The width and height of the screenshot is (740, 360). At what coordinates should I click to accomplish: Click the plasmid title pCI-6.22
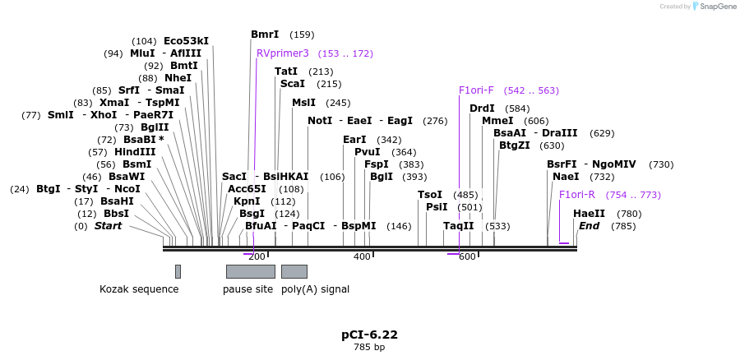369,335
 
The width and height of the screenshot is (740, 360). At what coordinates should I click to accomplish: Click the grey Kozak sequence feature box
178,271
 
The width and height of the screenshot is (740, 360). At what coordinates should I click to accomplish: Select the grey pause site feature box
250,271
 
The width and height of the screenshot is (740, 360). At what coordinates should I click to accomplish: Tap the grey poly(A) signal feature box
294,271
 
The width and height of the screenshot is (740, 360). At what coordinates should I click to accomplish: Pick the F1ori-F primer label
476,90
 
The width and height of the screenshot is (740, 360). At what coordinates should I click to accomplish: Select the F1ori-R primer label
576,195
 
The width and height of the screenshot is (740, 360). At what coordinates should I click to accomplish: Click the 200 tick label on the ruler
257,257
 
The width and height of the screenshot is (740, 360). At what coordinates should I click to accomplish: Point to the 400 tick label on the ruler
362,257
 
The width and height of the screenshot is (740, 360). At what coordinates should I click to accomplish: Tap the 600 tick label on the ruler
467,257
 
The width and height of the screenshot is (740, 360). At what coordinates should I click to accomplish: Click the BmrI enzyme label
265,35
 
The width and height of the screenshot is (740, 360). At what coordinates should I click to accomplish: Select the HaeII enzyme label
589,214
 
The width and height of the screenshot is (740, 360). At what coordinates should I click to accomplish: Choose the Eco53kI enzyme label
186,41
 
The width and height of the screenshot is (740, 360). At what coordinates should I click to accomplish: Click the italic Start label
108,226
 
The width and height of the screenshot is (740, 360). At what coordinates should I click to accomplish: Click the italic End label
589,226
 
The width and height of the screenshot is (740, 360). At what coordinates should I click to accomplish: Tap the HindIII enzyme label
134,152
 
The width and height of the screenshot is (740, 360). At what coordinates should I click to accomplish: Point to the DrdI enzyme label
482,108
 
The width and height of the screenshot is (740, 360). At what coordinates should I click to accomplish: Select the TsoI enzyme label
430,195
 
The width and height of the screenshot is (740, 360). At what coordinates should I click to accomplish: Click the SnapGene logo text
714,7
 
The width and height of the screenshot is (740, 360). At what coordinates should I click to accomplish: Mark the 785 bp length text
369,348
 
